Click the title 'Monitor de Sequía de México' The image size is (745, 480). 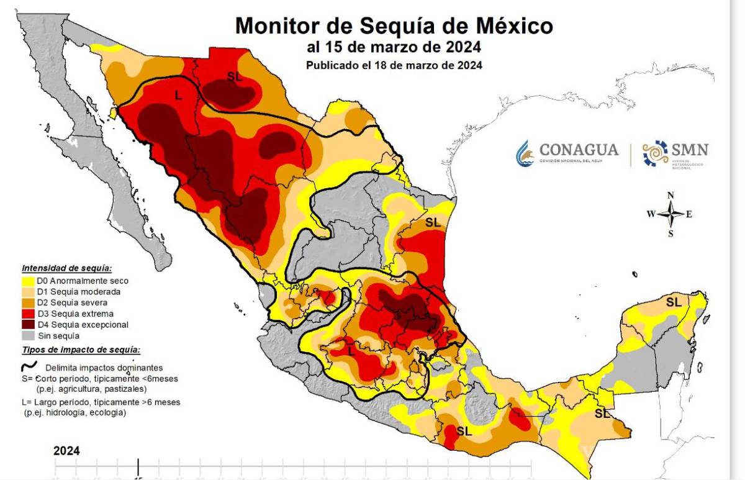tap(394, 27)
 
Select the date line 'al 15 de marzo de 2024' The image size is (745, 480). tap(394, 48)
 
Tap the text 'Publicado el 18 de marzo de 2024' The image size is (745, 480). tap(394, 65)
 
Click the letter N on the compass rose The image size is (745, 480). tap(670, 195)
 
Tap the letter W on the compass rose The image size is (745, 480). tap(651, 214)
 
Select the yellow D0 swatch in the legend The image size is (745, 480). tap(28, 281)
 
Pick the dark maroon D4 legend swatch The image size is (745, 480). tap(28, 324)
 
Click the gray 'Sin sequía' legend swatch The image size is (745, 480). tap(28, 335)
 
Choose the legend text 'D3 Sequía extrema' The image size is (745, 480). tap(75, 314)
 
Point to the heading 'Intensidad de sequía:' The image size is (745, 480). tap(67, 268)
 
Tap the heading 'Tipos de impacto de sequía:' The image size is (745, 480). tap(81, 350)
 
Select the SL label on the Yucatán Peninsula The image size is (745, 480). tap(673, 302)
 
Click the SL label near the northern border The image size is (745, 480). tap(235, 77)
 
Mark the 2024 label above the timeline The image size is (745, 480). tap(66, 451)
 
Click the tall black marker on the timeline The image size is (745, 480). tap(138, 468)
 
